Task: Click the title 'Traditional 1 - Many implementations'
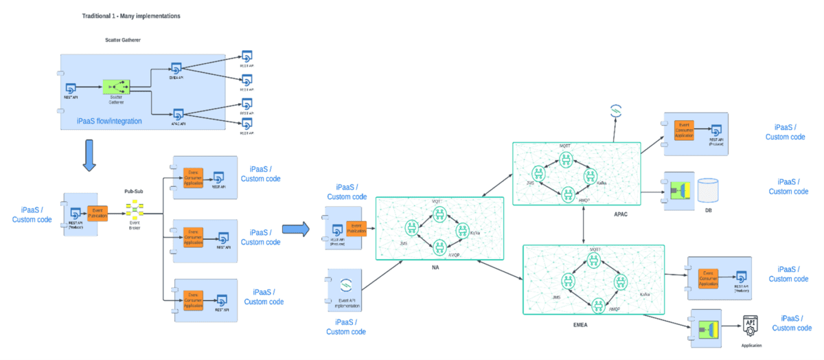(x=130, y=15)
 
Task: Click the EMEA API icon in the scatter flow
(x=176, y=69)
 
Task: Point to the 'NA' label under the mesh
(x=434, y=267)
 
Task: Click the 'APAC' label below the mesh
(x=621, y=214)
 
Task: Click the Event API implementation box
(x=345, y=289)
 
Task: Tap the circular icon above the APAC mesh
(x=616, y=111)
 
